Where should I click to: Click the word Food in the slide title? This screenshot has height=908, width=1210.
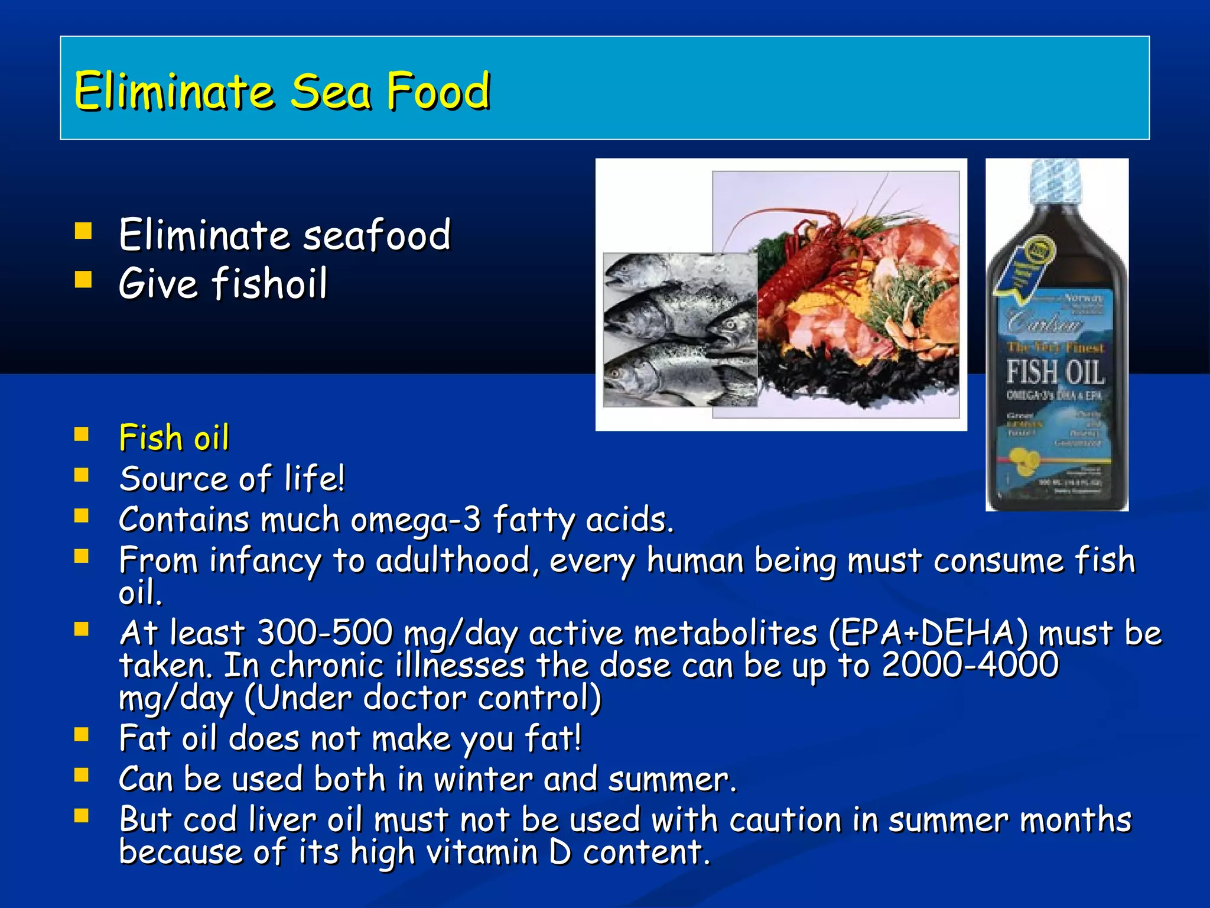pos(438,92)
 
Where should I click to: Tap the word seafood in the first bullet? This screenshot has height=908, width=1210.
pos(376,235)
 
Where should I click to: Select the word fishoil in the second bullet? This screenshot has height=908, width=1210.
pos(269,284)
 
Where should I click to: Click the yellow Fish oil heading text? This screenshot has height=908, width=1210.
pos(174,438)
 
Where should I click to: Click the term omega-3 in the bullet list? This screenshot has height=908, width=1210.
pos(415,520)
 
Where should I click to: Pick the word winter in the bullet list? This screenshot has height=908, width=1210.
pos(483,779)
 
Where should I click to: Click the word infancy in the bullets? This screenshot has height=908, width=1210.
pos(265,560)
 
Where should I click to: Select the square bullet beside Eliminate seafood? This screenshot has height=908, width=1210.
pos(83,231)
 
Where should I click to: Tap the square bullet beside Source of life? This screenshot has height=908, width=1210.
pos(82,475)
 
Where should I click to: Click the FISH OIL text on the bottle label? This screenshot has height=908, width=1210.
pos(1055,372)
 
